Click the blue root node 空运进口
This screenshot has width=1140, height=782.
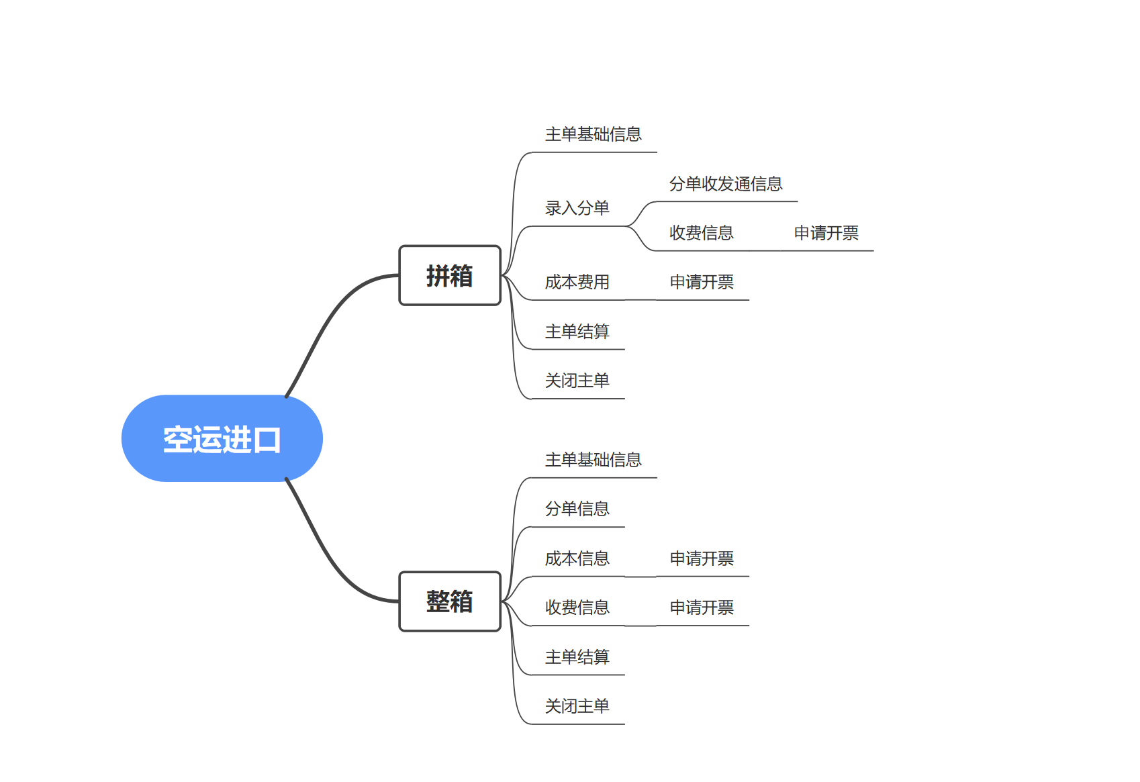222,438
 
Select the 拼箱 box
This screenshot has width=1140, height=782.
450,275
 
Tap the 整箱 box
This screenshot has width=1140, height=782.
450,601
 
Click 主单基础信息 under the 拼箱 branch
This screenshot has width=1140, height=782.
593,134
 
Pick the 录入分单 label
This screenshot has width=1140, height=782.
577,208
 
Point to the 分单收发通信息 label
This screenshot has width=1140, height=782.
726,184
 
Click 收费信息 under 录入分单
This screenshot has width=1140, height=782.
702,233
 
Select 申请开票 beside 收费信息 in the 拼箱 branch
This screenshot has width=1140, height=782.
826,233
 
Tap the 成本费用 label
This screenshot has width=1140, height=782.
577,282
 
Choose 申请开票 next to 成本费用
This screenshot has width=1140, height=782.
702,282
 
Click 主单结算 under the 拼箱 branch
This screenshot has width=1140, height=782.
577,332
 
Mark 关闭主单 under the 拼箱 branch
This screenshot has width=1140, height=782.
577,381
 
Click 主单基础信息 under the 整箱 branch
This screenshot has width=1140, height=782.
593,460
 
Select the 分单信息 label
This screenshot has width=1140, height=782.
577,509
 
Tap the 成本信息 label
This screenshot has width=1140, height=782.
577,558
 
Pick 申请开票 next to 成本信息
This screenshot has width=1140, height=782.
702,558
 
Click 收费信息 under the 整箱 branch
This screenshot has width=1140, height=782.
577,607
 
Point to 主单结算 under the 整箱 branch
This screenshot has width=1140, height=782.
577,657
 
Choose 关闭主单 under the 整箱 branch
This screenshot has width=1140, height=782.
577,706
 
